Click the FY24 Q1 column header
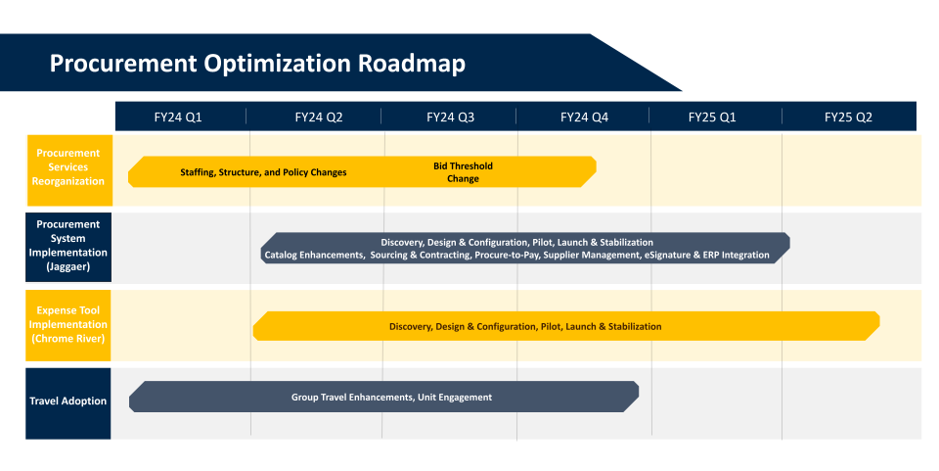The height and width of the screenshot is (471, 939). [x=178, y=118]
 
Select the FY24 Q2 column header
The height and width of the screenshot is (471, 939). [x=319, y=118]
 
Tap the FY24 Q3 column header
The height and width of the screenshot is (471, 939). [x=450, y=118]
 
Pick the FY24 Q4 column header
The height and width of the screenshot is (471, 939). [x=585, y=118]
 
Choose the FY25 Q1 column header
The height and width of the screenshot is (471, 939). [x=712, y=118]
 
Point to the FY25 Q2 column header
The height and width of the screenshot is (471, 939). [x=849, y=118]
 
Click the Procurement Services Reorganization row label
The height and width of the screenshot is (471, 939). [x=68, y=167]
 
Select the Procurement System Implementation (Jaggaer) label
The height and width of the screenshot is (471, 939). [x=68, y=246]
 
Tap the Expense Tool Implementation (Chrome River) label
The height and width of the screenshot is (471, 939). [x=68, y=325]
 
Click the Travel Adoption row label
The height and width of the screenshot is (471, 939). [x=68, y=400]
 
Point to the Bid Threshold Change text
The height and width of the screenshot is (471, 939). [x=463, y=172]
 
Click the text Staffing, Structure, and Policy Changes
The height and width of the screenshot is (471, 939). [x=263, y=172]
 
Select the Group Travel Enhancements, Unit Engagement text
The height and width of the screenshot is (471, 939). [x=391, y=398]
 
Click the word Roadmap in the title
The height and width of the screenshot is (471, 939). [x=412, y=64]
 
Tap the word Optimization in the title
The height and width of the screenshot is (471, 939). [x=277, y=64]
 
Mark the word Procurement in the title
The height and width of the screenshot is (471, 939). [x=123, y=64]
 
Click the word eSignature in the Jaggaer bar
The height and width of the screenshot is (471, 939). [x=668, y=256]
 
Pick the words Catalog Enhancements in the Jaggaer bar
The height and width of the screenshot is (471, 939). [x=314, y=256]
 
